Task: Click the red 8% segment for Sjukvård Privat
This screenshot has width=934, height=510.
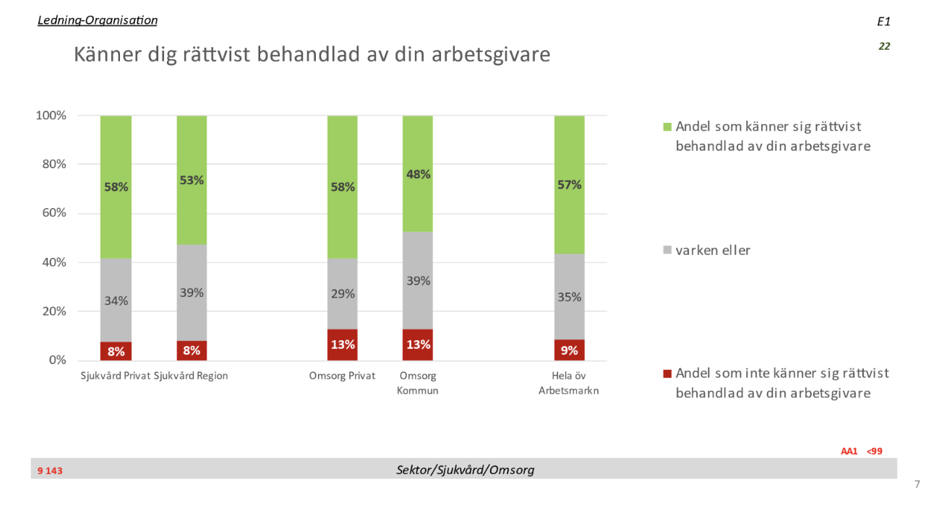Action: pyautogui.click(x=116, y=351)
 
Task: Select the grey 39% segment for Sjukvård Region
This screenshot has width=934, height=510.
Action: pyautogui.click(x=192, y=293)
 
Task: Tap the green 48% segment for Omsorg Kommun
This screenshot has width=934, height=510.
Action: pyautogui.click(x=418, y=174)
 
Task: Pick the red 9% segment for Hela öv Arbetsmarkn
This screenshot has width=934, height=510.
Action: pyautogui.click(x=570, y=350)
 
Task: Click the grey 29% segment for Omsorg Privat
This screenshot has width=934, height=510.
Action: pyautogui.click(x=343, y=294)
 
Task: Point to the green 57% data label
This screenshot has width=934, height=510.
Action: pyautogui.click(x=570, y=184)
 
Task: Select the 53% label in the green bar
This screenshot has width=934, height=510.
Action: pyautogui.click(x=192, y=181)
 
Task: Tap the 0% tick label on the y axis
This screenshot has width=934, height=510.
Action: pyautogui.click(x=56, y=360)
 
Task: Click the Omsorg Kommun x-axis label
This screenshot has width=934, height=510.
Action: pyautogui.click(x=418, y=383)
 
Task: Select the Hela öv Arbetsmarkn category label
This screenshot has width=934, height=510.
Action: pyautogui.click(x=570, y=383)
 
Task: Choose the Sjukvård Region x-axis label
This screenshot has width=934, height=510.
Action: pyautogui.click(x=192, y=376)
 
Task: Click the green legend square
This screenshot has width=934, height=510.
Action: pyautogui.click(x=667, y=127)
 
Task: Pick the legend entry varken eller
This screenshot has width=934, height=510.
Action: pyautogui.click(x=713, y=251)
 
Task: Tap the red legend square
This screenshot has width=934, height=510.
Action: pyautogui.click(x=667, y=374)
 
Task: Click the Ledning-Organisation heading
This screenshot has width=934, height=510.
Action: pyautogui.click(x=97, y=20)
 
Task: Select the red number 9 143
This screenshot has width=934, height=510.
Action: pyautogui.click(x=51, y=471)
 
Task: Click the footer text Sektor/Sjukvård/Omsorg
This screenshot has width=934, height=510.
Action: pyautogui.click(x=466, y=470)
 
